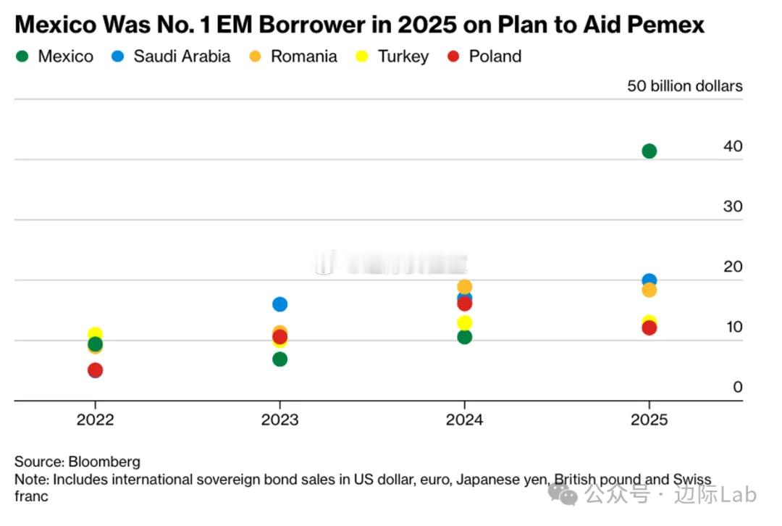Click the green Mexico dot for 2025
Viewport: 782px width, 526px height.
649,151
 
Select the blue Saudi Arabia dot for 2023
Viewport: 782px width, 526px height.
279,304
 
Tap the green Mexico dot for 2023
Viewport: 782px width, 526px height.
279,359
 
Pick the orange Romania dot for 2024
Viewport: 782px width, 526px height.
464,286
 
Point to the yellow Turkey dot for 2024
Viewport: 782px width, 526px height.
464,322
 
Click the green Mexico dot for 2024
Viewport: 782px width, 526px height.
464,337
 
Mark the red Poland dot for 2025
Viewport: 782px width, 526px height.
649,327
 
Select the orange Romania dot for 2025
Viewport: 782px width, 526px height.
649,290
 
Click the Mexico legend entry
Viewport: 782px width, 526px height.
55,57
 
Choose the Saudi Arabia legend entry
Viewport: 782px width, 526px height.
172,57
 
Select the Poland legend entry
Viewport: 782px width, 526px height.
486,57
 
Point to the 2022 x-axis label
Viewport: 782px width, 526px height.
95,420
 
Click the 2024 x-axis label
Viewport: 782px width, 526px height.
464,420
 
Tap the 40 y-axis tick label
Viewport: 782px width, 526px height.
733,146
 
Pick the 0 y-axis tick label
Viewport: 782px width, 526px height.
738,388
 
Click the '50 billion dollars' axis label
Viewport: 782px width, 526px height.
684,86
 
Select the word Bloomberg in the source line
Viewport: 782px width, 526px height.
104,462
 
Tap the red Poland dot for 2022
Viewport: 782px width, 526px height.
95,370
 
